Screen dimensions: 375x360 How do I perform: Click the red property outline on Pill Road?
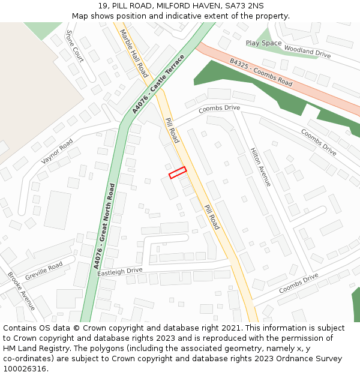[178, 172]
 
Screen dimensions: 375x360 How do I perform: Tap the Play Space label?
[263, 43]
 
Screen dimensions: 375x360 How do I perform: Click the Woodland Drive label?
[307, 52]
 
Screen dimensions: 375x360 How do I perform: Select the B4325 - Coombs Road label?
[261, 73]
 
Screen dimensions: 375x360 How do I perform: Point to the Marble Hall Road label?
[134, 53]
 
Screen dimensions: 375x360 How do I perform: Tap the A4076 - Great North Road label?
[104, 225]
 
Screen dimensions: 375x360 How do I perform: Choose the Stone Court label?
[75, 46]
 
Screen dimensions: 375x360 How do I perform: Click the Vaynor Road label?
[57, 151]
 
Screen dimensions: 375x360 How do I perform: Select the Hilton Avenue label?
[260, 167]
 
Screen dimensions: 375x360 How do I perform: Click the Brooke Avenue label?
[21, 291]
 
